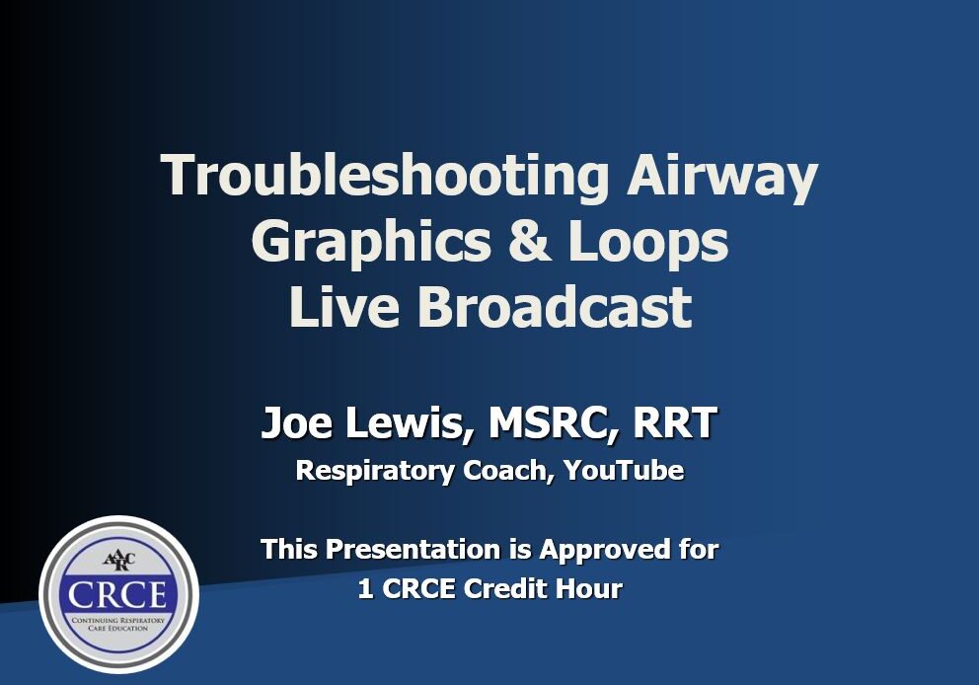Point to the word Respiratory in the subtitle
tap(373, 471)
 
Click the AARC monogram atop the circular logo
tap(118, 560)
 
